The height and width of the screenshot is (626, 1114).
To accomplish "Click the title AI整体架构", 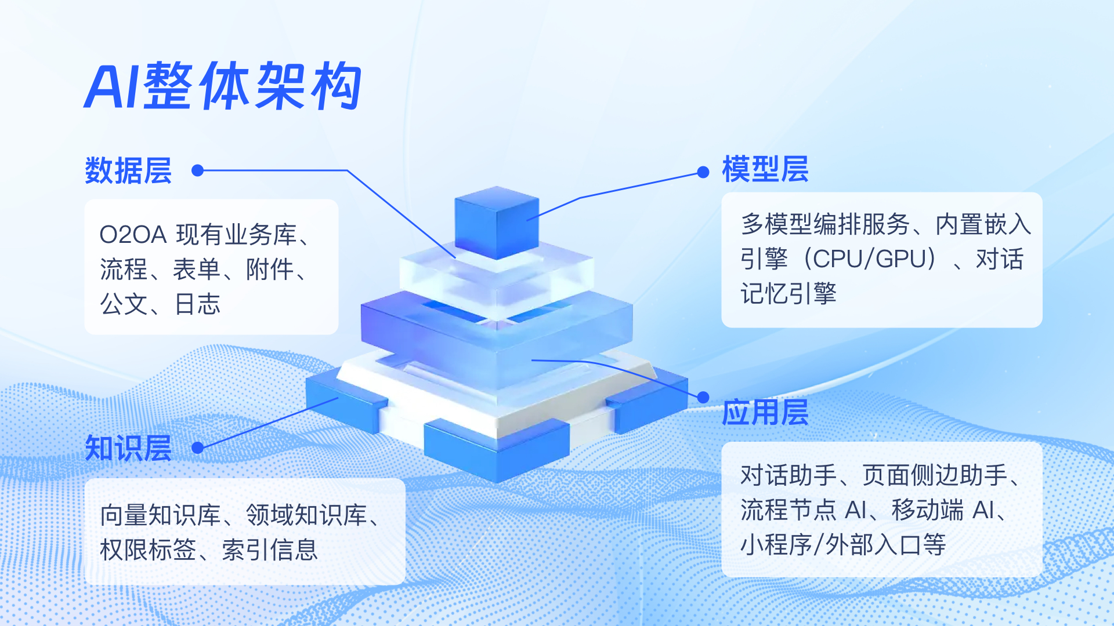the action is point(223,86).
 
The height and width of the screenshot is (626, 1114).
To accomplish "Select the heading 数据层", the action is point(128,170).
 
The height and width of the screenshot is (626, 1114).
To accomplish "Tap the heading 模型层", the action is point(765,169).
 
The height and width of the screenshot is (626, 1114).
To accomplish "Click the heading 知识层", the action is point(128,448).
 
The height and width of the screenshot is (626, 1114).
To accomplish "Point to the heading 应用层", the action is point(765,412).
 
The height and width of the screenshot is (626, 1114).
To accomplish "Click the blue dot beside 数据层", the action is point(197,170).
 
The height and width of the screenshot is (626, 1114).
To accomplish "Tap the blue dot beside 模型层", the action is point(703,172).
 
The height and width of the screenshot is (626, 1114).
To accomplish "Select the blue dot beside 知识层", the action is point(197,447).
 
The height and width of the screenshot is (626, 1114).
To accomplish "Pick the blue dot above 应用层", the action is point(703,397).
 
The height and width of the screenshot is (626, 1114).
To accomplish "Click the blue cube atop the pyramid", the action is point(497,223).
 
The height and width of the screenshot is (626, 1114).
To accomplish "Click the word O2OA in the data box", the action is point(133,235).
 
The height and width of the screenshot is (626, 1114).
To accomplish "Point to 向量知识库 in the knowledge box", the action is point(161,515).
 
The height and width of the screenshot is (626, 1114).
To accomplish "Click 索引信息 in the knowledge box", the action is point(270,549).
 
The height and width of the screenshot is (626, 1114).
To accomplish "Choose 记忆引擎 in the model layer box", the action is point(789,293).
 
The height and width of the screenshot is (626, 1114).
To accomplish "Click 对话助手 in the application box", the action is point(789,475).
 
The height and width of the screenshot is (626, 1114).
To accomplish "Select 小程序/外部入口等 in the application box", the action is point(843,545).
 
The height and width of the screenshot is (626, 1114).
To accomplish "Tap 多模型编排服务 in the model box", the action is point(825,224).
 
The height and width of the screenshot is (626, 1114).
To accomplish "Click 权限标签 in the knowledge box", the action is point(148,549).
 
